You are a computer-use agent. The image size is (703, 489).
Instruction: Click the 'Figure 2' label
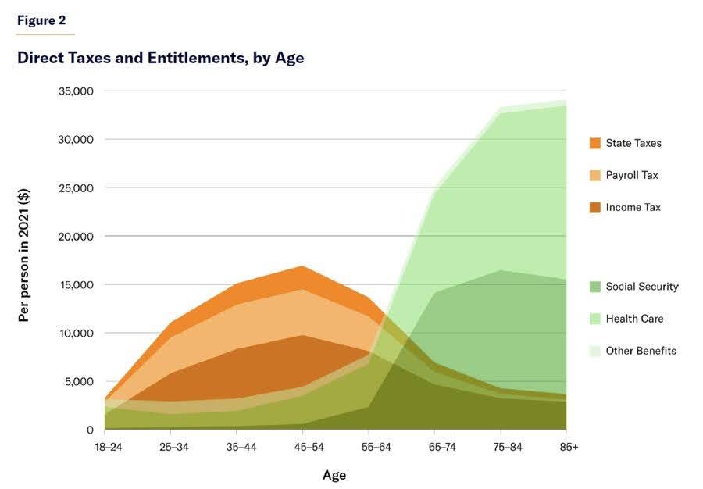click(x=41, y=21)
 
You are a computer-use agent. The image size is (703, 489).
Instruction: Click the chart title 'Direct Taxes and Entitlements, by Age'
click(x=160, y=59)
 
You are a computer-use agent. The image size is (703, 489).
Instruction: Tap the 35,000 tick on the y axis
click(x=77, y=91)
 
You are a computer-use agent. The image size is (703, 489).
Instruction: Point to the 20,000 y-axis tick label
click(x=77, y=236)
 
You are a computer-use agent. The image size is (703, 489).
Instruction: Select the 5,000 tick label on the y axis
click(x=80, y=381)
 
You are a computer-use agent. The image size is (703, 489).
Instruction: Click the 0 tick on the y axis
click(x=90, y=430)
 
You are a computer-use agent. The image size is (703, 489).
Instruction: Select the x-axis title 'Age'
click(x=334, y=475)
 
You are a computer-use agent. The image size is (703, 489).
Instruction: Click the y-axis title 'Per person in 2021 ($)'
click(x=24, y=259)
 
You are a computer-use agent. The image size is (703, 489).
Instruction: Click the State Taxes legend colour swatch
click(x=595, y=143)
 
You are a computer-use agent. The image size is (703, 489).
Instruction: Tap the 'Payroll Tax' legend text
click(x=632, y=175)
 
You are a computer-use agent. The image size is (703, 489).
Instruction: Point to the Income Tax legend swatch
click(x=595, y=207)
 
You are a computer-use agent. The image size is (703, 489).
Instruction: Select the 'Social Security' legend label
click(x=642, y=287)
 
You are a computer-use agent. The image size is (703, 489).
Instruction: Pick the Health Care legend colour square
click(x=595, y=319)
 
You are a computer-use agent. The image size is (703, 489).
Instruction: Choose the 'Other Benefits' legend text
click(x=641, y=351)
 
